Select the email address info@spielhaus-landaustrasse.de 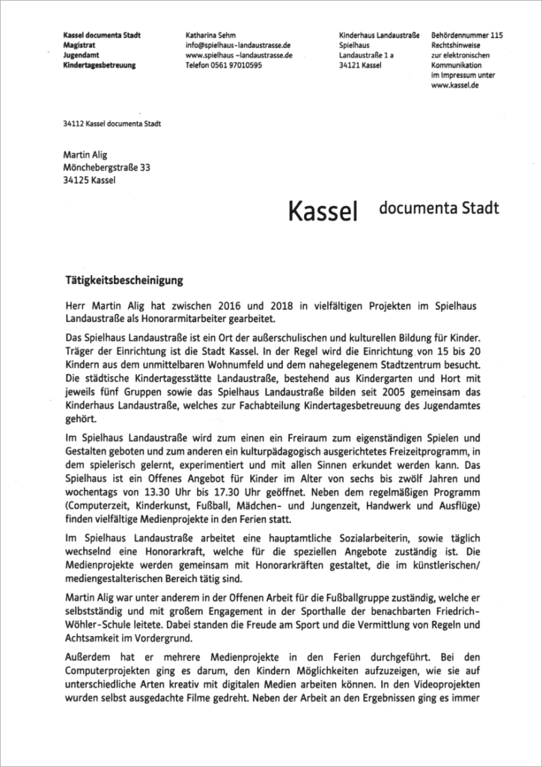tap(238, 45)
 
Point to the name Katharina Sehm tap(213, 35)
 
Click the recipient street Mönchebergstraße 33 tap(107, 168)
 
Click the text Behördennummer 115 tap(467, 35)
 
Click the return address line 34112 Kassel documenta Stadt tap(112, 124)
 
